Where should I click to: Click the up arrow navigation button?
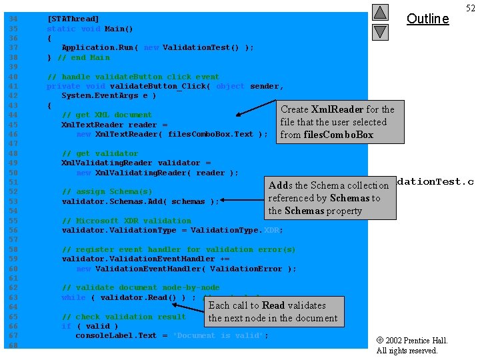379,12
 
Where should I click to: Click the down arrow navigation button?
379,31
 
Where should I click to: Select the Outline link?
427,19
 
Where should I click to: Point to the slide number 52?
471,8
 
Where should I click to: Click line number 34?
13,19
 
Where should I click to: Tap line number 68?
13,345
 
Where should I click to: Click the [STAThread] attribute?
73,19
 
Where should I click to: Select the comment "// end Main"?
86,57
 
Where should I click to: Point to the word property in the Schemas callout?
344,211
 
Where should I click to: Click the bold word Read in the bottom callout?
273,305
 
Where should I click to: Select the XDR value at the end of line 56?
273,230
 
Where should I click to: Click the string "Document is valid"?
220,335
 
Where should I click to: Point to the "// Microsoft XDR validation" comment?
126,221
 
